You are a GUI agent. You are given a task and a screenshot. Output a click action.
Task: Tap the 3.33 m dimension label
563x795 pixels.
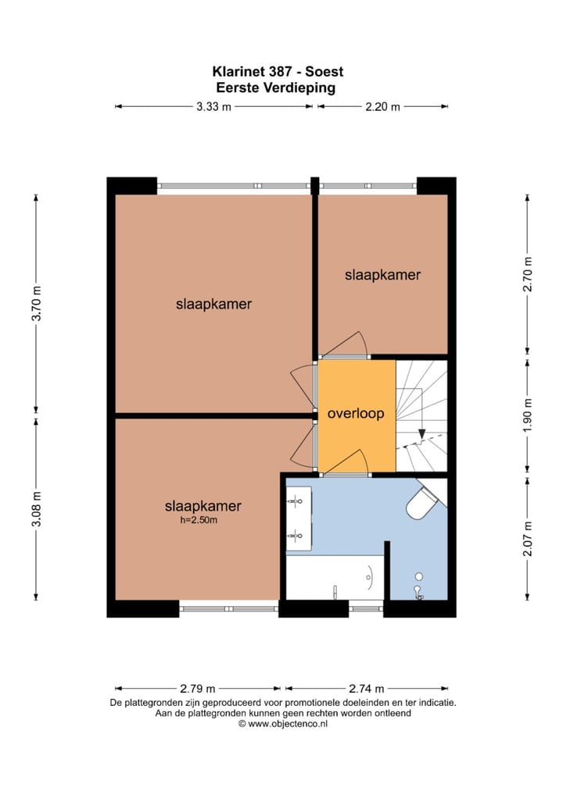pos(213,107)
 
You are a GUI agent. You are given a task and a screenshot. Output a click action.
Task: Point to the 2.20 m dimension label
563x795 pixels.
pos(383,107)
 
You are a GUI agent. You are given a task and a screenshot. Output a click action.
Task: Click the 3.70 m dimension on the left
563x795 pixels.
pos(36,305)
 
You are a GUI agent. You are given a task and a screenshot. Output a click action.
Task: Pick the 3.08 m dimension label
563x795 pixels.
pos(36,509)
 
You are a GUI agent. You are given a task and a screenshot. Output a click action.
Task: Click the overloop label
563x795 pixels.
pos(356,414)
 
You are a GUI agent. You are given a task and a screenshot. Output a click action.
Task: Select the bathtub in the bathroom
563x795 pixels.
pos(335,577)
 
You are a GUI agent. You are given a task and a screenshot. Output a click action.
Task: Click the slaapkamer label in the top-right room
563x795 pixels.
pos(383,275)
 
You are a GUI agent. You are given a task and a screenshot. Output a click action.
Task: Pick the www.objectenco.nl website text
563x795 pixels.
pos(283,724)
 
